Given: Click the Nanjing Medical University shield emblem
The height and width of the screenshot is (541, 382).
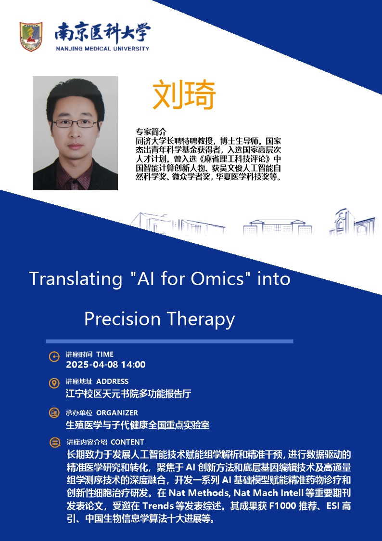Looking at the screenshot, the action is pyautogui.click(x=31, y=37).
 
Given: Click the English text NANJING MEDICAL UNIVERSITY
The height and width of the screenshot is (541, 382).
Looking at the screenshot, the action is pyautogui.click(x=102, y=49).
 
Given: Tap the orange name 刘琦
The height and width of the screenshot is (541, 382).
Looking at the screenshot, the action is pyautogui.click(x=184, y=95).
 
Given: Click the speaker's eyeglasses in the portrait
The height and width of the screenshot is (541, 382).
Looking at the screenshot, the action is pyautogui.click(x=75, y=123).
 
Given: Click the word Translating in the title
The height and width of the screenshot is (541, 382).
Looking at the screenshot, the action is pyautogui.click(x=76, y=279).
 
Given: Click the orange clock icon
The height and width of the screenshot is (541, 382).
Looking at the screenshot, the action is pyautogui.click(x=54, y=357).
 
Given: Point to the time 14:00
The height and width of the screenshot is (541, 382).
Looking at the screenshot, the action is pyautogui.click(x=133, y=365).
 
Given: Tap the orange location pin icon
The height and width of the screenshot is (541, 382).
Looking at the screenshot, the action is pyautogui.click(x=54, y=383).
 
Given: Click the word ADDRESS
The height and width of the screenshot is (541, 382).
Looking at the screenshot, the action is pyautogui.click(x=112, y=381).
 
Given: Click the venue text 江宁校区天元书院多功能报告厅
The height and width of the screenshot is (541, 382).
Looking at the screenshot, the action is pyautogui.click(x=128, y=394).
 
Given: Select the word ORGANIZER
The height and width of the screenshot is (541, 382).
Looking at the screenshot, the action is pyautogui.click(x=117, y=413).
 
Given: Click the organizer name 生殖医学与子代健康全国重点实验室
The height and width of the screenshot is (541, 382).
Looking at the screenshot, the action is pyautogui.click(x=138, y=425).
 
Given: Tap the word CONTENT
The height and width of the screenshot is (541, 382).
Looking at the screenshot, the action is pyautogui.click(x=127, y=442).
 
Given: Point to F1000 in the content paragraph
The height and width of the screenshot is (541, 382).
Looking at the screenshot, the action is pyautogui.click(x=283, y=506).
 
